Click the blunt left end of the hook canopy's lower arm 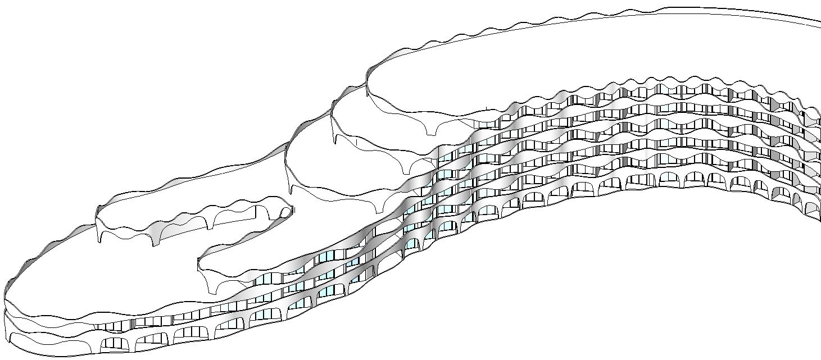click(x=199, y=263)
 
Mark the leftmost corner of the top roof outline click(x=367, y=79)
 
